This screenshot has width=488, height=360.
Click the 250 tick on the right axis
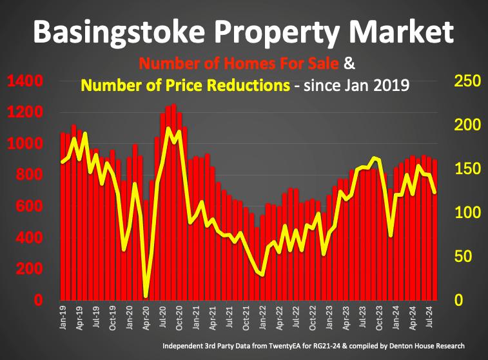coord(467,81)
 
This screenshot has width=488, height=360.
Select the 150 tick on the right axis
coord(467,169)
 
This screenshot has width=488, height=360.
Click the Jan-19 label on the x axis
coord(63,317)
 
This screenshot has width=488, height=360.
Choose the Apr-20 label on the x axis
coord(146,317)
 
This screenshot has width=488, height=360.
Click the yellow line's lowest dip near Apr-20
coord(146,297)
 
